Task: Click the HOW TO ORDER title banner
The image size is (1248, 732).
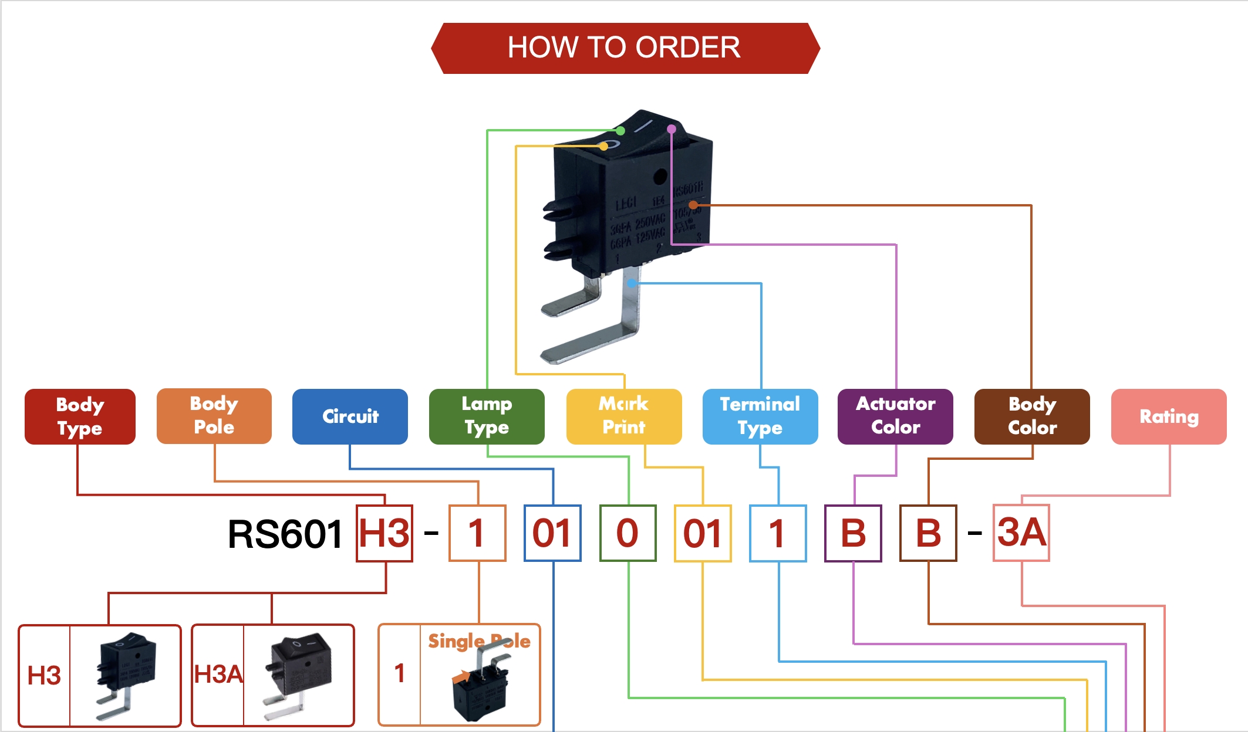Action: tap(625, 48)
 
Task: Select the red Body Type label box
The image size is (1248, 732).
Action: tap(80, 416)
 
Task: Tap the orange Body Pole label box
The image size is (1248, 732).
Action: tap(214, 416)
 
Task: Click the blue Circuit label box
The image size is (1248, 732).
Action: tap(350, 416)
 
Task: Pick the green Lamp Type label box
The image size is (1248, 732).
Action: tap(487, 416)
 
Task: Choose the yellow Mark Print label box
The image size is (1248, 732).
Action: tap(624, 416)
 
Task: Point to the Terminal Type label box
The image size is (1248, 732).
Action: tap(760, 416)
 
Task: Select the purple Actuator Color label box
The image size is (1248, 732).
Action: tap(895, 416)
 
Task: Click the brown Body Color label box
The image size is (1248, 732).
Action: tap(1032, 416)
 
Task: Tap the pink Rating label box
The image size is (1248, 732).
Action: tap(1169, 416)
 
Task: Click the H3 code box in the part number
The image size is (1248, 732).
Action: tap(384, 533)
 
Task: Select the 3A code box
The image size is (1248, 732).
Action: tap(1021, 533)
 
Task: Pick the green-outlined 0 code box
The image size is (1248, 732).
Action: tap(628, 533)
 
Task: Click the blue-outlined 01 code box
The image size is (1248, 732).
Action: tap(552, 533)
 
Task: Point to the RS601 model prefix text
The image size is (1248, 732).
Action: tap(285, 534)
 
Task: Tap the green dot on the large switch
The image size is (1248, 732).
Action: tap(620, 131)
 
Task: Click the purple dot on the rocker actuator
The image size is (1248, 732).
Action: tap(672, 129)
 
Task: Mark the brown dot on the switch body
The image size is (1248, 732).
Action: tap(693, 205)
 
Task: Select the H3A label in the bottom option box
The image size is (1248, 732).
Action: tap(218, 675)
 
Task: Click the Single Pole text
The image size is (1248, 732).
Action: tap(479, 641)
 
